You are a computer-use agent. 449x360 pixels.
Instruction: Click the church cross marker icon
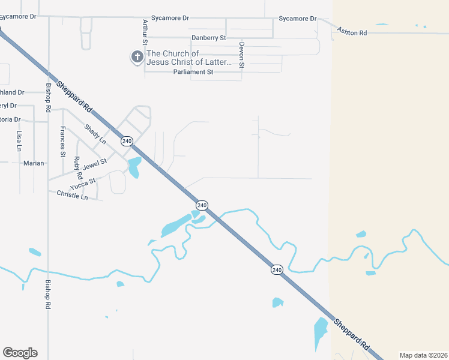(137, 58)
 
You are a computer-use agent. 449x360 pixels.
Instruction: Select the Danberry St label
(208, 38)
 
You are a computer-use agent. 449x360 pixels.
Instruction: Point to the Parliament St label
(193, 72)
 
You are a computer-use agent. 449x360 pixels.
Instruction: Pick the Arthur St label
(145, 32)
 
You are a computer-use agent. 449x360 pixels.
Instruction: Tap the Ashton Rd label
(352, 31)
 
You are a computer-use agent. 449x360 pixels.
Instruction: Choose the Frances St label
(62, 141)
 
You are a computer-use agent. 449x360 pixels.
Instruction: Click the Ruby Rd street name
(77, 168)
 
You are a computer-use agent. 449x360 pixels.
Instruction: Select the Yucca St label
(83, 184)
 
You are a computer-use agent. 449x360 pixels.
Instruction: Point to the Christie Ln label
(72, 195)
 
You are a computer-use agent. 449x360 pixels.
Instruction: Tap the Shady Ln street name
(95, 134)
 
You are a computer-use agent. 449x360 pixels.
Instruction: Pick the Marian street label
(34, 163)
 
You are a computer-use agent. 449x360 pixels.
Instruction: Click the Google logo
(20, 353)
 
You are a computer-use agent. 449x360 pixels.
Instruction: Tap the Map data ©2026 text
(423, 355)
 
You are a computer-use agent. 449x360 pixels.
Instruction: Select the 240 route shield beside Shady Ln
(127, 141)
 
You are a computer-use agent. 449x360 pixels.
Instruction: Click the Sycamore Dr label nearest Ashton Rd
(297, 19)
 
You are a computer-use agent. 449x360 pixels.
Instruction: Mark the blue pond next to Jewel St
(134, 167)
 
